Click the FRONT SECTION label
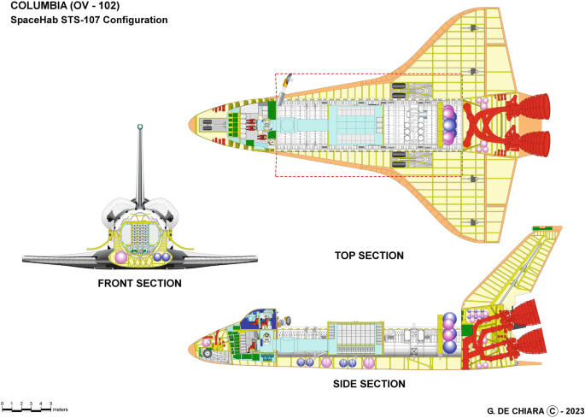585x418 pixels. point(140,284)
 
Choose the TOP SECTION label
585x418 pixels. point(370,256)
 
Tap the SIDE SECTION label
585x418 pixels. point(369,385)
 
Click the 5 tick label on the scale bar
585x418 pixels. point(50,402)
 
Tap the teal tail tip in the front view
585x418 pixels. point(140,128)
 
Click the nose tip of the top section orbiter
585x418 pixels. point(190,126)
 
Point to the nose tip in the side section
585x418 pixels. point(190,349)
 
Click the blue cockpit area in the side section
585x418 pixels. point(254,320)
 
